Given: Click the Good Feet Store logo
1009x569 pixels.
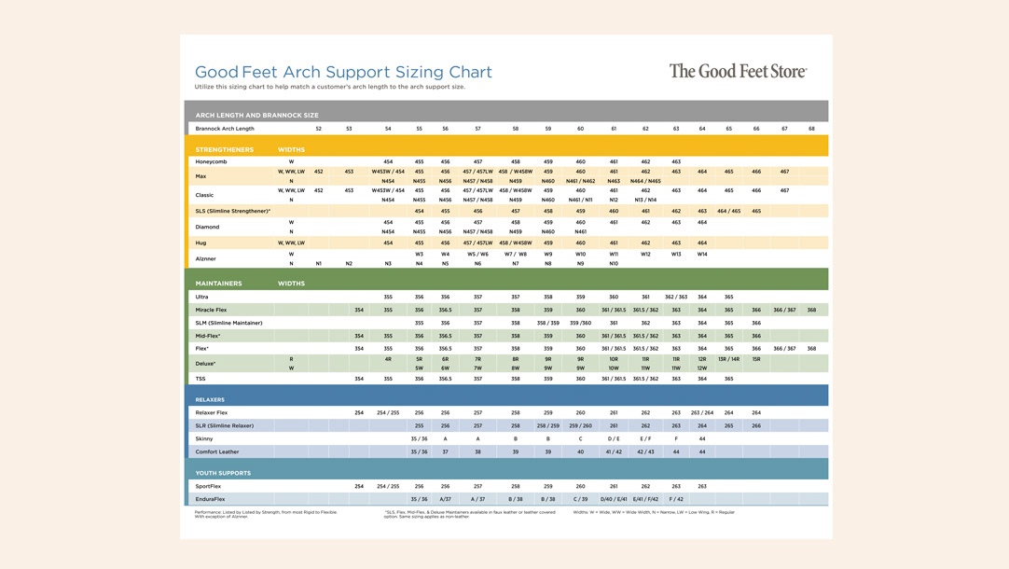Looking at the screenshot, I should pyautogui.click(x=738, y=71).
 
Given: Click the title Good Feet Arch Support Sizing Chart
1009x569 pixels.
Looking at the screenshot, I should pyautogui.click(x=343, y=72).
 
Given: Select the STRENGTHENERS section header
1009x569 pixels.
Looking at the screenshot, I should pyautogui.click(x=225, y=149).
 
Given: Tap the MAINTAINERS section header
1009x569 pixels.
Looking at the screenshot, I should pyautogui.click(x=218, y=284).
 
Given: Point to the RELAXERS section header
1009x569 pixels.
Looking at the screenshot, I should pyautogui.click(x=210, y=399).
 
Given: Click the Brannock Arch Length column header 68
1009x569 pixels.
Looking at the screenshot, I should pyautogui.click(x=811, y=129).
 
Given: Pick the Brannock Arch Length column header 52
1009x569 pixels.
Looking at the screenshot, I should pyautogui.click(x=319, y=129).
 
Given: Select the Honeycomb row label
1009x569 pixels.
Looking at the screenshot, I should pyautogui.click(x=211, y=161).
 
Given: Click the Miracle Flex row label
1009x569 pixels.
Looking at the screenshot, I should pyautogui.click(x=211, y=310).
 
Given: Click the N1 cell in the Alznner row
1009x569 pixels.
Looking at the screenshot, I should pyautogui.click(x=319, y=264).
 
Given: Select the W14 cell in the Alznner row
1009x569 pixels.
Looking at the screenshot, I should pyautogui.click(x=702, y=254).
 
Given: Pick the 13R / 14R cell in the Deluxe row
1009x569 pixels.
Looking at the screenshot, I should pyautogui.click(x=728, y=359).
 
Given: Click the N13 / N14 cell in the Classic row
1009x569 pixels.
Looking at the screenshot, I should pyautogui.click(x=645, y=200).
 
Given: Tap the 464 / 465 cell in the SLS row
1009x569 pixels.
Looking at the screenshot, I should pyautogui.click(x=728, y=212).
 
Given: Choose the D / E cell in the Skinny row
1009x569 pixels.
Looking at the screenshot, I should pyautogui.click(x=614, y=438).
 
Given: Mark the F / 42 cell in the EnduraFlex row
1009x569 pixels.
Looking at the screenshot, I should pyautogui.click(x=676, y=499).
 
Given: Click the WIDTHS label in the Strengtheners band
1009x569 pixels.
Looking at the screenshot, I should pyautogui.click(x=291, y=149).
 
